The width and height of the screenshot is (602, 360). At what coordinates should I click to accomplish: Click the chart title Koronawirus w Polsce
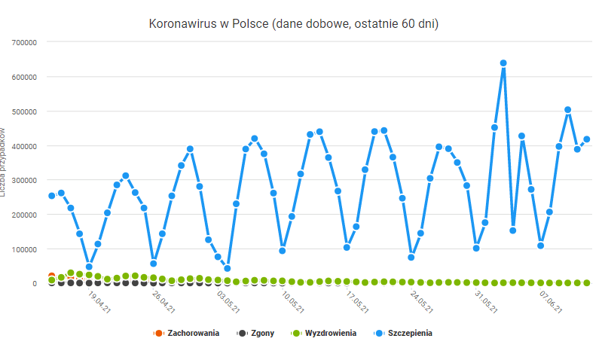[294, 24]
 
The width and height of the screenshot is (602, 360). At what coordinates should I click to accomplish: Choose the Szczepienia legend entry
[409, 332]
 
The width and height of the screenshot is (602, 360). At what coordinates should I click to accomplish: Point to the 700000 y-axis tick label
[21, 42]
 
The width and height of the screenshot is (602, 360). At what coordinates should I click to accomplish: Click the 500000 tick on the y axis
[21, 111]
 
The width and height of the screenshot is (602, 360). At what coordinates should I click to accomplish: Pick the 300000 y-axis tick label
[21, 180]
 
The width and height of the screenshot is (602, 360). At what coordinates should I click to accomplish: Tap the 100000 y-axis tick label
[21, 249]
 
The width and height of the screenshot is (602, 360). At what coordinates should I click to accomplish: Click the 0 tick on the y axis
[34, 284]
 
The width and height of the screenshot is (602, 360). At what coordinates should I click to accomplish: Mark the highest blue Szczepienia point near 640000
[503, 63]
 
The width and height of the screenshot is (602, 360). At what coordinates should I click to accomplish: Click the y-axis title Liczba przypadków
[4, 162]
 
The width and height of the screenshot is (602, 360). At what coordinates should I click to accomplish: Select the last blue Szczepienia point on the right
[586, 139]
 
